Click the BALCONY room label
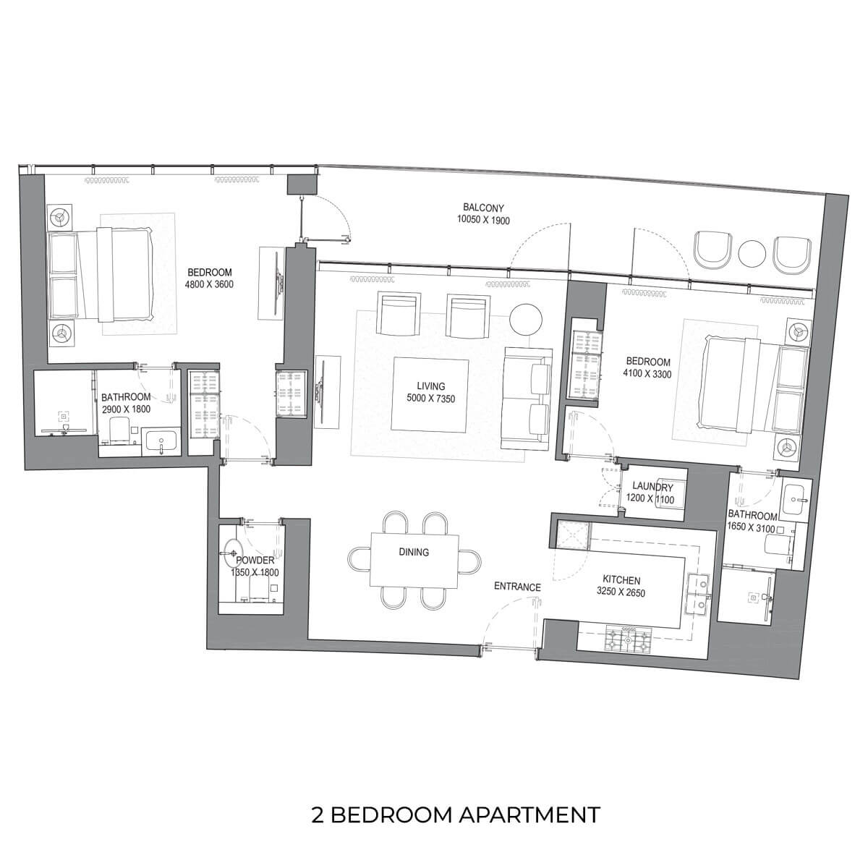[x=483, y=208]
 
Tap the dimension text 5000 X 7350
[x=431, y=398]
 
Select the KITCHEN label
[x=621, y=581]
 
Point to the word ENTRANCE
[x=517, y=587]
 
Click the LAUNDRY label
[x=652, y=487]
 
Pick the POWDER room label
[x=255, y=561]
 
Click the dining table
[x=414, y=560]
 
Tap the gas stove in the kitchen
[x=629, y=639]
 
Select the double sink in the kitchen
[x=698, y=594]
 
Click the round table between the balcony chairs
[x=752, y=254]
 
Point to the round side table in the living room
[x=526, y=319]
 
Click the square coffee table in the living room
[x=429, y=394]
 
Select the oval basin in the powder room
[x=234, y=552]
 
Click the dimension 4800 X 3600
[x=209, y=285]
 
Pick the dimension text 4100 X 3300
[x=647, y=374]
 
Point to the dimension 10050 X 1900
[x=483, y=220]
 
